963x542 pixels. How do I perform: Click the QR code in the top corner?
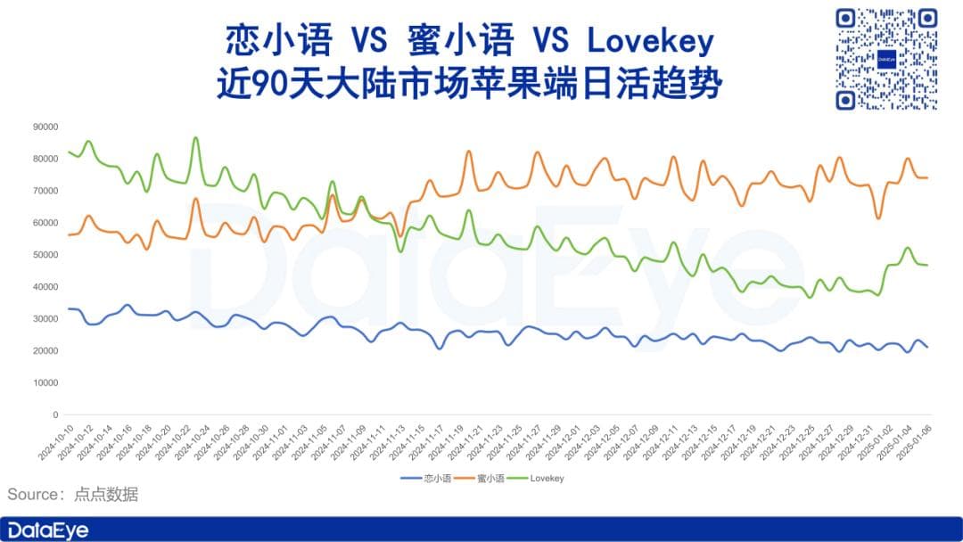(886, 59)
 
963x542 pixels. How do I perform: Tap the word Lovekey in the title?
(650, 40)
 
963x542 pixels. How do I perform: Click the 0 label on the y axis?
(55, 415)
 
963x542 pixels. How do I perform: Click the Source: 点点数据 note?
(73, 495)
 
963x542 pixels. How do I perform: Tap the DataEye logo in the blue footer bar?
(48, 530)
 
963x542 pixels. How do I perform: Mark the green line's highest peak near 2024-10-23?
(196, 138)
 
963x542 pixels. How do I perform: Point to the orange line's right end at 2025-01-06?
(927, 177)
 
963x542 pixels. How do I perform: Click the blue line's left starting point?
(69, 308)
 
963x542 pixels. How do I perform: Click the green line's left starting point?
(69, 152)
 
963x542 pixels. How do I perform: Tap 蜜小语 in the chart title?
(460, 40)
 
